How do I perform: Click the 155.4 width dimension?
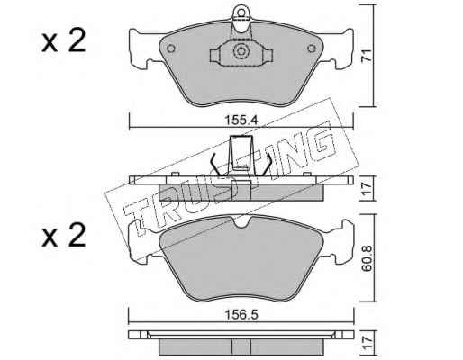(x=241, y=121)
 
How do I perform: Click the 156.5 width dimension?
(x=241, y=315)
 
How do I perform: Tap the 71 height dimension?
(x=367, y=56)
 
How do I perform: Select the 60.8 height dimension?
(x=367, y=258)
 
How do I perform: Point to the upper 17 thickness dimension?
(x=367, y=188)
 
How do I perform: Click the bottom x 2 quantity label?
(x=64, y=236)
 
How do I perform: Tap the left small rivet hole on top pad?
(x=171, y=49)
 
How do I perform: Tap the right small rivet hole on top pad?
(x=312, y=49)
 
